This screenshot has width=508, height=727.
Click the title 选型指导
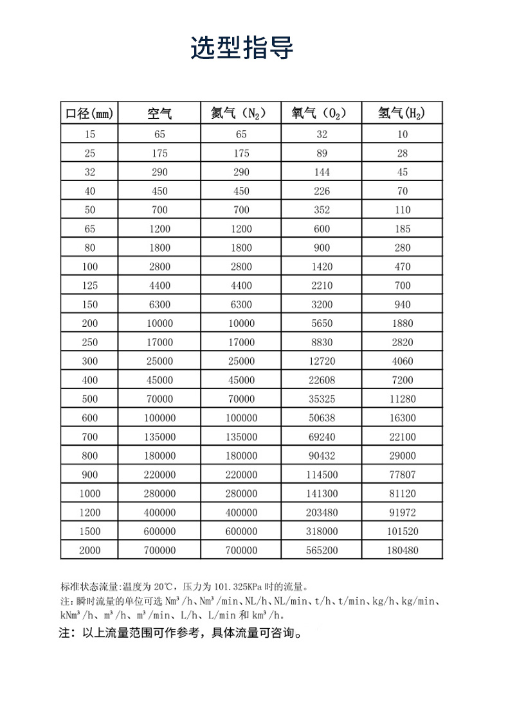coord(242,49)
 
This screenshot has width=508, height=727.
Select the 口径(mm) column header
coord(89,114)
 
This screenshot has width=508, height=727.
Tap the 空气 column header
coord(159,114)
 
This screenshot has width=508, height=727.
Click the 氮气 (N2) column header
coord(241,114)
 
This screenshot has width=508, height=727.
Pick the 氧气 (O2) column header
coord(322,114)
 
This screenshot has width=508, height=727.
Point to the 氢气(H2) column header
coord(403,114)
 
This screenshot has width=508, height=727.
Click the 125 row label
coord(89,286)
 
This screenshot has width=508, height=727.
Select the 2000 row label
coord(89,550)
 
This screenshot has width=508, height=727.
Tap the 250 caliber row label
coord(89,342)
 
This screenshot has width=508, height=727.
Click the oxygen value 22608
coord(322,380)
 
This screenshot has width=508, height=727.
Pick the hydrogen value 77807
coord(403,475)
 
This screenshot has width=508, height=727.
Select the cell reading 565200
coord(322,550)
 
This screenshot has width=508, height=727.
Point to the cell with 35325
coord(322,399)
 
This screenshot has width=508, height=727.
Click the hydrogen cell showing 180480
coord(403,550)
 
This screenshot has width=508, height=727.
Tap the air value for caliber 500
coord(159,399)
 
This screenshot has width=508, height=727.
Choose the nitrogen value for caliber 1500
coord(241,532)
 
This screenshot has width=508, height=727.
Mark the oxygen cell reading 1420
coord(322,267)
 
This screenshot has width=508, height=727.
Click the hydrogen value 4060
coord(403,361)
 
